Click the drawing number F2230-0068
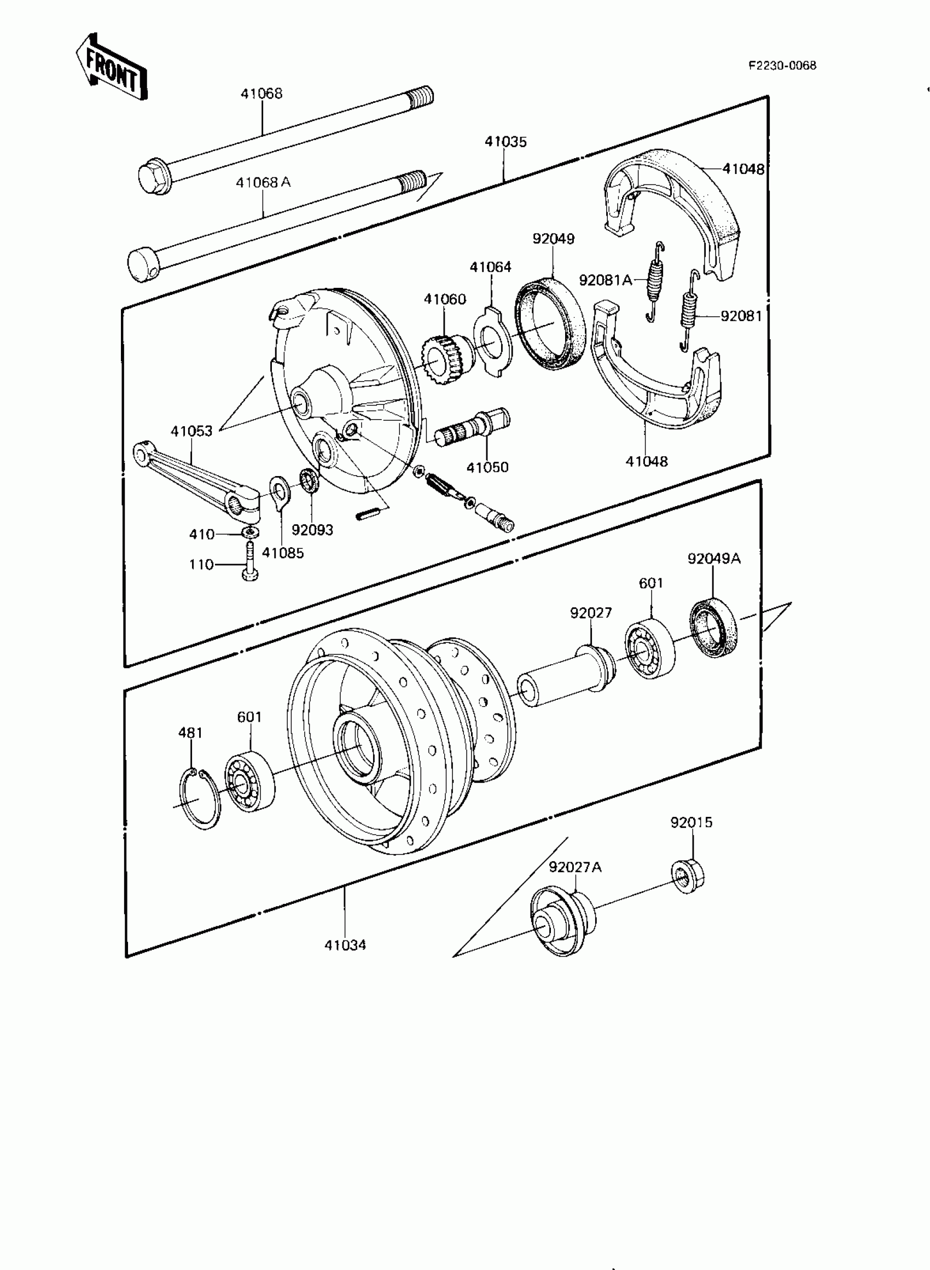pos(782,65)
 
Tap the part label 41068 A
pos(263,182)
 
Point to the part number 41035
pos(505,142)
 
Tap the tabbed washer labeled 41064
pos(492,340)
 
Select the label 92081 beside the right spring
pos(741,316)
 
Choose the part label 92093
pos(312,530)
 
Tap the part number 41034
pos(345,945)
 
